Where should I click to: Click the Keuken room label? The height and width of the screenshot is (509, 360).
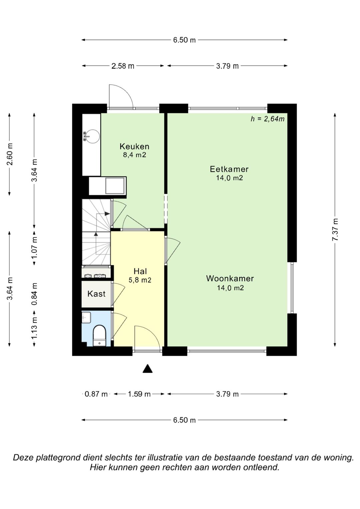click(x=134, y=146)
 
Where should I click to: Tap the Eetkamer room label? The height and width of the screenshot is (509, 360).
click(x=229, y=169)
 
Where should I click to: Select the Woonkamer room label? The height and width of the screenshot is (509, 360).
click(x=230, y=279)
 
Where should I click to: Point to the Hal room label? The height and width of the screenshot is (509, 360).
click(x=140, y=271)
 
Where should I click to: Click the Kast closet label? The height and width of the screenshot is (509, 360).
click(x=96, y=294)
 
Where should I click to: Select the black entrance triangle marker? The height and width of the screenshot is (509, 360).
click(x=147, y=369)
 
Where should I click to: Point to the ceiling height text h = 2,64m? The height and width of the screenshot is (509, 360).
click(x=267, y=119)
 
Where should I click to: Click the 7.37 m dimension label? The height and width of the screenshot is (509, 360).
click(x=335, y=230)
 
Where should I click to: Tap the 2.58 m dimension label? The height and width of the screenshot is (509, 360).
click(x=123, y=66)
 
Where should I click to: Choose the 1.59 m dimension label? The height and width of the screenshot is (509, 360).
click(x=139, y=394)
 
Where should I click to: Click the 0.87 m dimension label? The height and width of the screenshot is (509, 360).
click(x=96, y=394)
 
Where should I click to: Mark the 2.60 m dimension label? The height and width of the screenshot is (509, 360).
click(x=10, y=155)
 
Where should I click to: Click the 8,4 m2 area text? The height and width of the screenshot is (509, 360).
click(x=134, y=155)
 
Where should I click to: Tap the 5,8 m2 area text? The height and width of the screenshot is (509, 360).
click(x=140, y=280)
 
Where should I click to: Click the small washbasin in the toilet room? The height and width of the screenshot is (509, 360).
click(x=86, y=317)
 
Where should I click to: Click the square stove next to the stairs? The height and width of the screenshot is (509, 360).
click(x=115, y=186)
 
